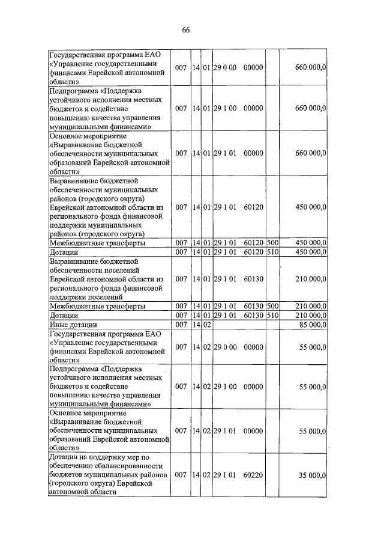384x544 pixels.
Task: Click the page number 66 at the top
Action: pyautogui.click(x=186, y=31)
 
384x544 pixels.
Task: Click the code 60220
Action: pyautogui.click(x=254, y=475)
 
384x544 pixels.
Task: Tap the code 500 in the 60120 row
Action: pyautogui.click(x=273, y=242)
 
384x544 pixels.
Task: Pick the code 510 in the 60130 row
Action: pyautogui.click(x=273, y=315)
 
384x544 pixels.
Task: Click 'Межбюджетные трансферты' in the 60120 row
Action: pyautogui.click(x=97, y=242)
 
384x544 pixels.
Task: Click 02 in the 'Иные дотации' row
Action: pyautogui.click(x=206, y=325)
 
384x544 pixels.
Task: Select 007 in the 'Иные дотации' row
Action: pyautogui.click(x=181, y=325)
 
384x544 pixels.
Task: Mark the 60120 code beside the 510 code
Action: pyautogui.click(x=254, y=251)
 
